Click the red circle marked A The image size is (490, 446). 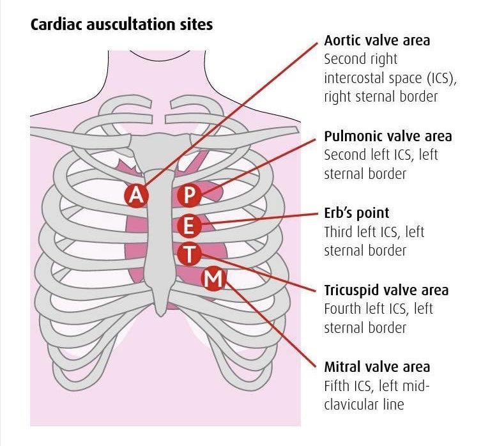pyautogui.click(x=136, y=195)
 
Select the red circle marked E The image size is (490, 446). pyautogui.click(x=188, y=226)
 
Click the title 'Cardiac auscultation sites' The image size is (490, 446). pyautogui.click(x=121, y=26)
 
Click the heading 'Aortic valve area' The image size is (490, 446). pyautogui.click(x=377, y=40)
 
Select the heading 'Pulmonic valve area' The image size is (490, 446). pyautogui.click(x=388, y=136)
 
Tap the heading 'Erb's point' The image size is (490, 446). pyautogui.click(x=356, y=213)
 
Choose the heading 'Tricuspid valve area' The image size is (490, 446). pyautogui.click(x=386, y=290)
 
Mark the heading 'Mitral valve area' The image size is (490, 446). pyautogui.click(x=377, y=367)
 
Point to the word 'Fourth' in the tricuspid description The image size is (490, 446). pyautogui.click(x=345, y=309)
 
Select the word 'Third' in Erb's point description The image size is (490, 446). pyautogui.click(x=342, y=231)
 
